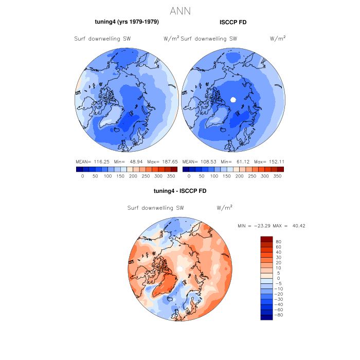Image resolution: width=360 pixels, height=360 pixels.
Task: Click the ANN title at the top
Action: point(179,11)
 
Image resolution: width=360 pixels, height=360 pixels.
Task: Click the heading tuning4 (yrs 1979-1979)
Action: point(127,22)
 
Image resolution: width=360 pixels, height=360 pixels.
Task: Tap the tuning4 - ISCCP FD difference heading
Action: point(180,191)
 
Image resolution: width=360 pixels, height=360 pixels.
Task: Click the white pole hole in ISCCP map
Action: point(233,100)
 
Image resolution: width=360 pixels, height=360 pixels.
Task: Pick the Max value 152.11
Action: point(273,161)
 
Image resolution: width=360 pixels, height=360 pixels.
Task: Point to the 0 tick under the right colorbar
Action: point(189,176)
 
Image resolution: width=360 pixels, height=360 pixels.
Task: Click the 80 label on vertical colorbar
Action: point(278,241)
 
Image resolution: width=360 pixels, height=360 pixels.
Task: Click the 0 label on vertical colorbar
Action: point(278,278)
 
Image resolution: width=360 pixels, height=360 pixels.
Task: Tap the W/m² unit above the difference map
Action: point(225,208)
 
